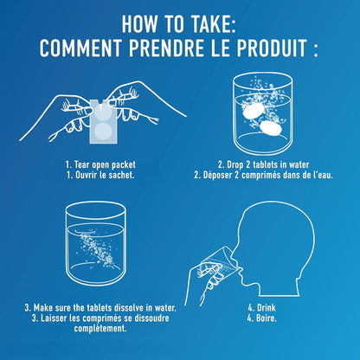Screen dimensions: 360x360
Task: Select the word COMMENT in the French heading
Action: (x=81, y=48)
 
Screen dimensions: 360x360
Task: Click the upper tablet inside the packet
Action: (x=103, y=114)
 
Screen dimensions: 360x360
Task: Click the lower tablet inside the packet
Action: (x=103, y=132)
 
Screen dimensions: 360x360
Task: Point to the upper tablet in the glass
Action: (x=254, y=112)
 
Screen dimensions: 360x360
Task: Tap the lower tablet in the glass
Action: (x=271, y=128)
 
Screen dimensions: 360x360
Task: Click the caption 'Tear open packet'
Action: (x=105, y=164)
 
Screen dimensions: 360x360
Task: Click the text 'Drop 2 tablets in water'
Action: (x=267, y=164)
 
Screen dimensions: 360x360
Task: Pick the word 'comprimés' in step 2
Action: (x=260, y=175)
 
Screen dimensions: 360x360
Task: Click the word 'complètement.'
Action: (x=100, y=328)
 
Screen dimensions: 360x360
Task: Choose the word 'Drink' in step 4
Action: (x=267, y=307)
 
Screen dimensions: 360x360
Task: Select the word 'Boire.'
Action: (x=267, y=318)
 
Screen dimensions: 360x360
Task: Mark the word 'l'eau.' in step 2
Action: (x=323, y=175)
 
